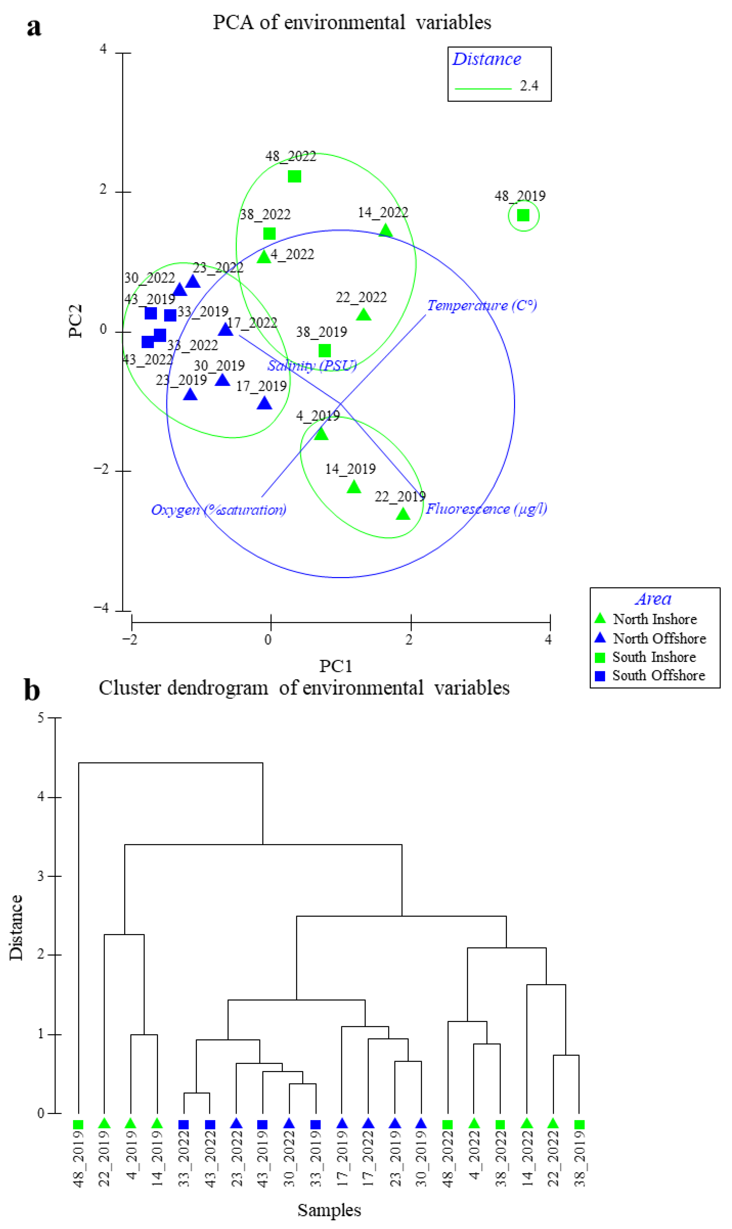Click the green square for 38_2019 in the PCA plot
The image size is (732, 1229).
pos(325,351)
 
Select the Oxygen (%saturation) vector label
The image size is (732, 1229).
pos(218,510)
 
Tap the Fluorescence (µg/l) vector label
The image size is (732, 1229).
pos(486,509)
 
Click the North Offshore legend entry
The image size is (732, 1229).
pos(659,638)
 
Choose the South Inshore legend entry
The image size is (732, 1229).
pos(654,657)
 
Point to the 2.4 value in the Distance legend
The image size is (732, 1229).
pos(529,86)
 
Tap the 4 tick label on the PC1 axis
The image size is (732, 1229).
pos(548,640)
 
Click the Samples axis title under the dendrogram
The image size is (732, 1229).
pos(329,1206)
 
